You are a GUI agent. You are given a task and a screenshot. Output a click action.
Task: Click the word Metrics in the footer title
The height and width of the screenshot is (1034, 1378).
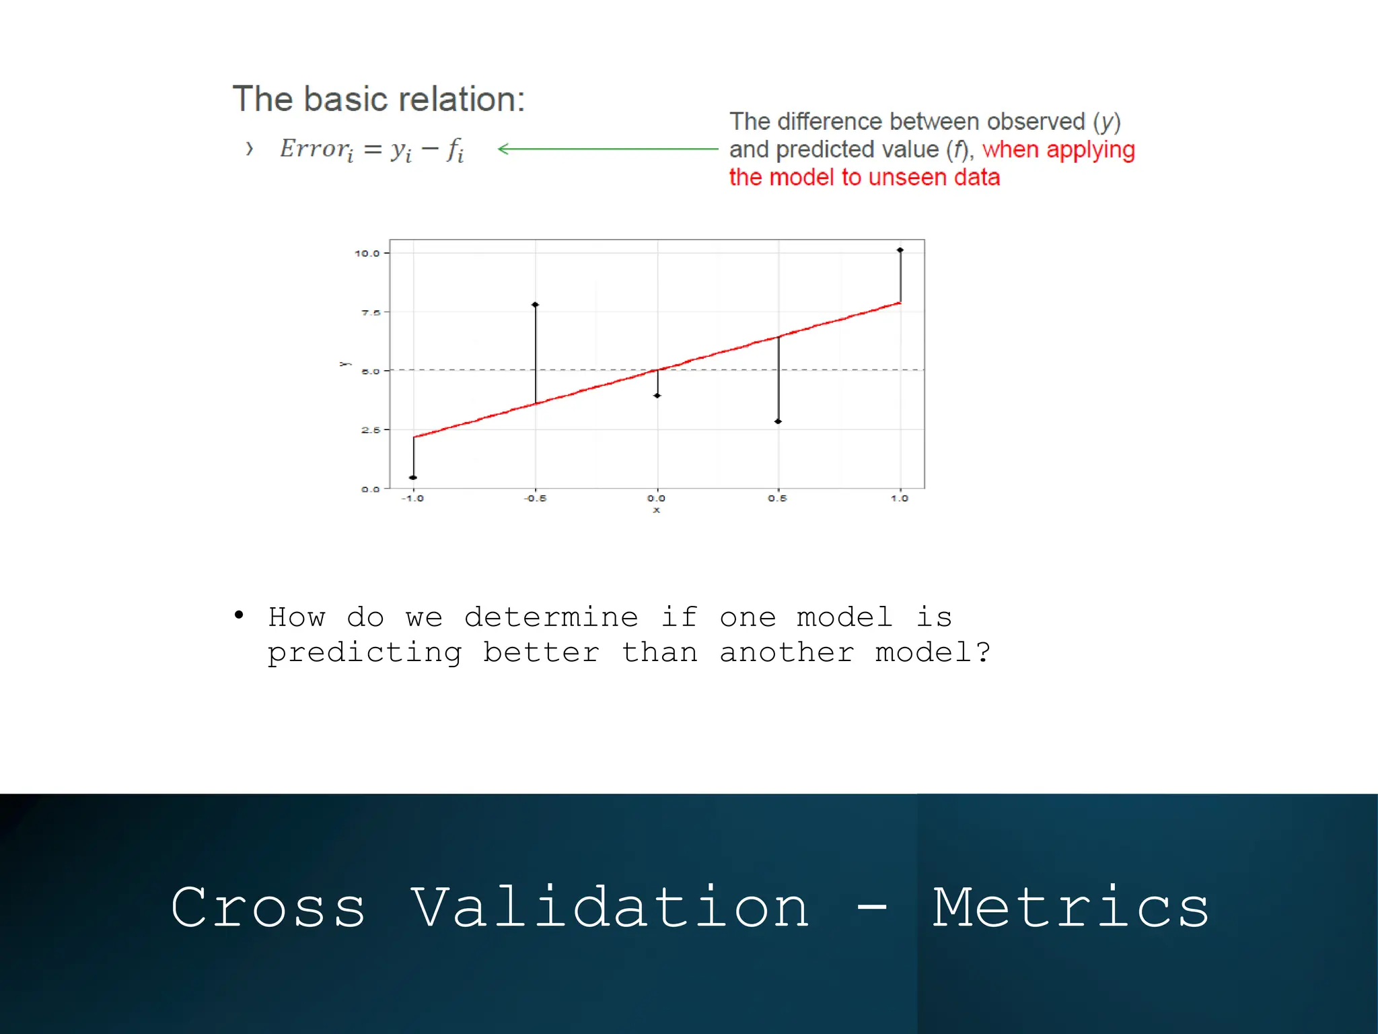tap(1071, 907)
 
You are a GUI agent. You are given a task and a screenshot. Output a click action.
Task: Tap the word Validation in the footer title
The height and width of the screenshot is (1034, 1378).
tap(610, 907)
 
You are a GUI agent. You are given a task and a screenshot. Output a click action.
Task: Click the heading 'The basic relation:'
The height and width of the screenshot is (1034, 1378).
tap(378, 99)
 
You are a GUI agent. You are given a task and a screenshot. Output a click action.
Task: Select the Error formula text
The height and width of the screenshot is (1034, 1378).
tap(371, 149)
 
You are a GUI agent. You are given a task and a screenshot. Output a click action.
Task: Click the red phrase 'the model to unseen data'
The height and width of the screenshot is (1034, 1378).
tap(864, 178)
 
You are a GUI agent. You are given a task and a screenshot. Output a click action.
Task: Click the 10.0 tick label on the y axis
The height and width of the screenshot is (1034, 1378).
tap(367, 253)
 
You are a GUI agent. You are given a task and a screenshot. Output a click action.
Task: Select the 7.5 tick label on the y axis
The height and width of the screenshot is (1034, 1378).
tap(371, 312)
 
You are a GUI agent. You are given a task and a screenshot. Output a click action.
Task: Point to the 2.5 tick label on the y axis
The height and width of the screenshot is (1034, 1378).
tap(371, 429)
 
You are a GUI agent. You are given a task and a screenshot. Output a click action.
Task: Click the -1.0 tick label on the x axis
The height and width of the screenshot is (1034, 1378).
tap(412, 498)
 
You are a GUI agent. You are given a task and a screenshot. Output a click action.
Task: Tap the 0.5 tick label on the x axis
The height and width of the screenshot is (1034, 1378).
tap(777, 498)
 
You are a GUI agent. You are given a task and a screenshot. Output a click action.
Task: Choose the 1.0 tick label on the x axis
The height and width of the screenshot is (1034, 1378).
tap(900, 498)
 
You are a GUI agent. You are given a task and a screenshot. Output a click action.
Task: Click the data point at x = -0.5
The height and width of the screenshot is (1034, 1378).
tap(536, 305)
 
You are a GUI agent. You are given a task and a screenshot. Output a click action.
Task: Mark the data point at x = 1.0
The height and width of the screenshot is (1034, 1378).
tap(900, 250)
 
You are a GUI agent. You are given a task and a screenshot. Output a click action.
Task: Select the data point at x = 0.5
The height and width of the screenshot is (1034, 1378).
tap(778, 421)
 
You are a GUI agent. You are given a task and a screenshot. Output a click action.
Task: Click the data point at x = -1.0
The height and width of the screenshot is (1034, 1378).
tap(413, 477)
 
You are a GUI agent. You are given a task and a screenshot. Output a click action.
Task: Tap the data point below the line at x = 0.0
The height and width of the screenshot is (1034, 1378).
tap(657, 395)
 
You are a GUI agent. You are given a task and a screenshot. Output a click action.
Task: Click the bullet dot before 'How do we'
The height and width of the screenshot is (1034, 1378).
tap(239, 615)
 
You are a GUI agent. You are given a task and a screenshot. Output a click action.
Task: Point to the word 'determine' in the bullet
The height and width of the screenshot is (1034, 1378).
tap(551, 617)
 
